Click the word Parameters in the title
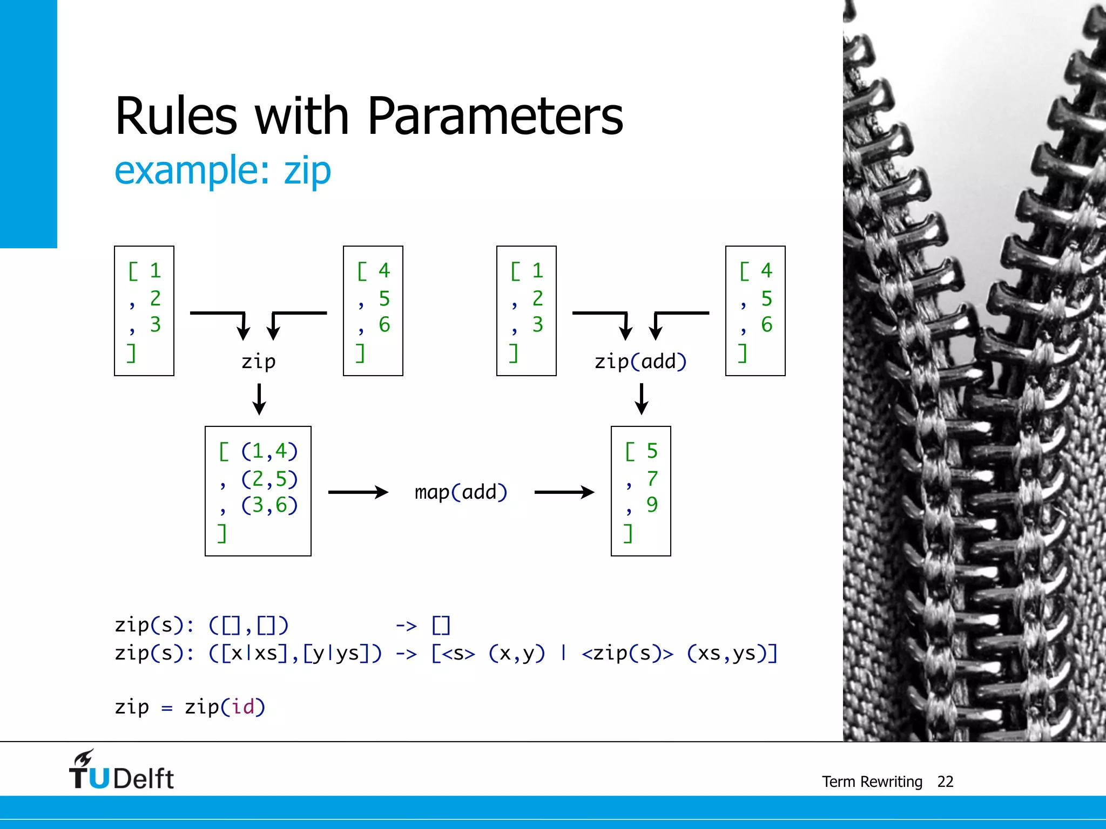tap(495, 117)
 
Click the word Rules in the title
tap(176, 117)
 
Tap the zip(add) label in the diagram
tap(640, 362)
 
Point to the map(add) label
tap(461, 492)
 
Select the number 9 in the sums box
tap(652, 505)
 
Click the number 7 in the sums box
tap(652, 479)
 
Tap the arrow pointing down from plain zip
tap(259, 399)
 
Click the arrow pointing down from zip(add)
tap(642, 399)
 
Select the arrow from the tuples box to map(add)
tap(358, 492)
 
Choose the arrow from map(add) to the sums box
tap(564, 492)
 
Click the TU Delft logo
tap(121, 771)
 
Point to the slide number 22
tap(945, 782)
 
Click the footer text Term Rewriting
tap(872, 782)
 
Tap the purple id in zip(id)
tap(242, 707)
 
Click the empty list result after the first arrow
tap(441, 626)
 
